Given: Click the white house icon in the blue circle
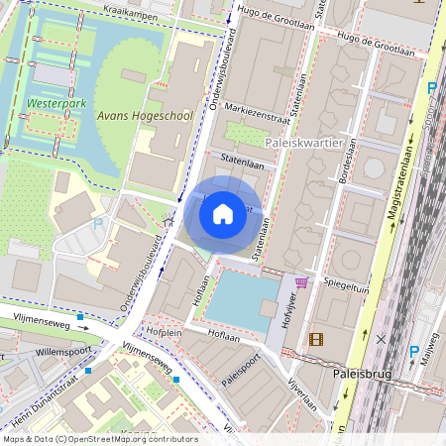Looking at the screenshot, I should pos(223,212).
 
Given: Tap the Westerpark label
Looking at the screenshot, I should pos(54,102).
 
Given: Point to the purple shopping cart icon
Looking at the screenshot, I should pos(301,282).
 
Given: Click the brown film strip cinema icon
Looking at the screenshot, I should pos(316,339).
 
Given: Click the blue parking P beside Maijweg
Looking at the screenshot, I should pos(414,352).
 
